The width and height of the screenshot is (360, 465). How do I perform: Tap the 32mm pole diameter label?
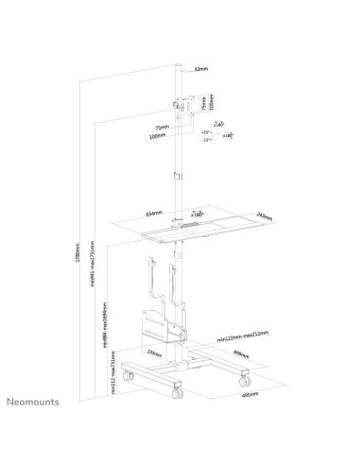pyautogui.click(x=200, y=69)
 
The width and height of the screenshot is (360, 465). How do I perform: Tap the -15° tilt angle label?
pyautogui.click(x=206, y=140)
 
